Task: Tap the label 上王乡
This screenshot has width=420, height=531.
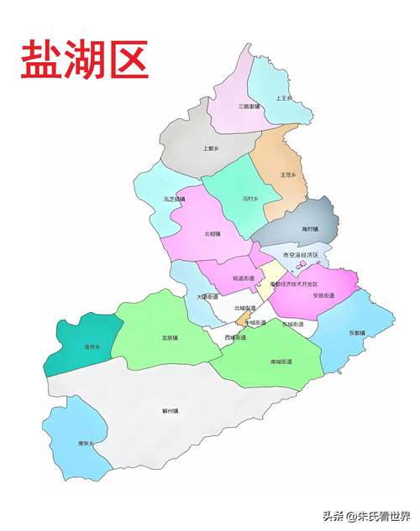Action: pos(284,98)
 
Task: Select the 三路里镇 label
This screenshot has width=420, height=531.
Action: pos(249,107)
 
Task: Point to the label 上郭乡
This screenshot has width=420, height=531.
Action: pos(211,148)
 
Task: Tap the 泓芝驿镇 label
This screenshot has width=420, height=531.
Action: pos(174,199)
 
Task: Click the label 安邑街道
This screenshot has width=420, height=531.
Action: pos(323,295)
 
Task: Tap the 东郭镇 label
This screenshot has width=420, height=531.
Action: pos(356,332)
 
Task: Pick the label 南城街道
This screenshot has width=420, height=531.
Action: pos(281,362)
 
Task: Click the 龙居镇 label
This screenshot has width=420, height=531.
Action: pos(171,338)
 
